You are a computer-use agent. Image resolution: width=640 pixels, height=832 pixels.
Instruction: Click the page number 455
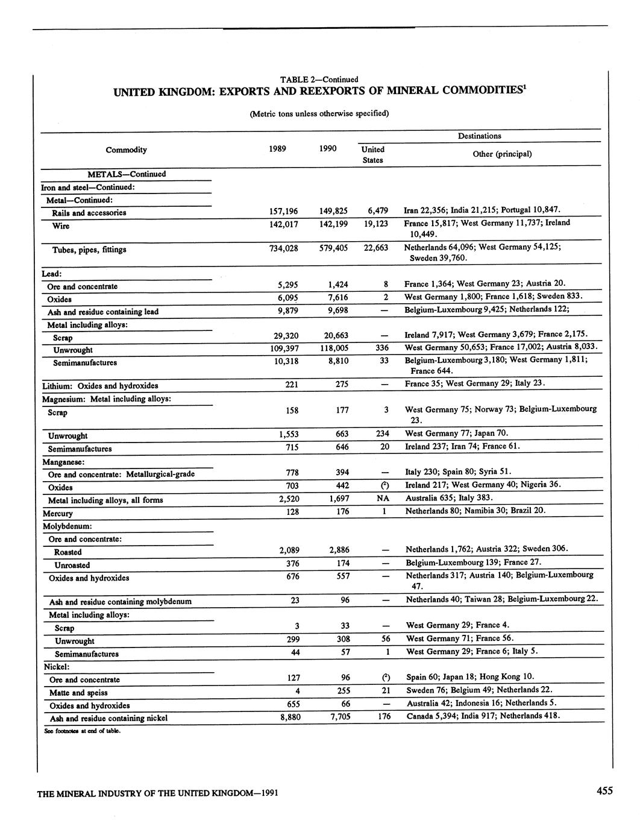point(604,792)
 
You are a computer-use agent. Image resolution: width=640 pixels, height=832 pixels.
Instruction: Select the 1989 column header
point(277,148)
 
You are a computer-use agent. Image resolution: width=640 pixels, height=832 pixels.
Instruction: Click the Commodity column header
point(126,150)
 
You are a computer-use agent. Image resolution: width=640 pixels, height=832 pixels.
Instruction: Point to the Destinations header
point(479,136)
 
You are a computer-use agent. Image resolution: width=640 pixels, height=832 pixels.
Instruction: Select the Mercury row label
point(58,514)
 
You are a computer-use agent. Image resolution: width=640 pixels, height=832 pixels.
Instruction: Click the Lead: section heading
point(52,274)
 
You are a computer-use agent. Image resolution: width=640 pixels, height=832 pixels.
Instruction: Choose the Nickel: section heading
point(56,667)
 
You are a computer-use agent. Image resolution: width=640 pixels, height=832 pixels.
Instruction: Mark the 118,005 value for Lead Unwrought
point(333,348)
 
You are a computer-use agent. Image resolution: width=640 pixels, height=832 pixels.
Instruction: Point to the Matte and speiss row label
point(81,693)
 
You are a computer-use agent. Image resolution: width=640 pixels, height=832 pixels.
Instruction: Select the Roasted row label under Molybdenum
point(67,552)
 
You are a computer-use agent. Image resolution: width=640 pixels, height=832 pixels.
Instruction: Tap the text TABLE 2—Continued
point(319,80)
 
